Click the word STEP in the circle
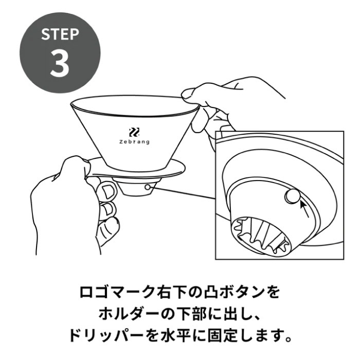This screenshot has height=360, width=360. [x=60, y=34]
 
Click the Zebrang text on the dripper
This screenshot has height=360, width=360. [x=134, y=142]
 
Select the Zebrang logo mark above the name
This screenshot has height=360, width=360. [x=134, y=133]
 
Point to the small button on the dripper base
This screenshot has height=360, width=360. [x=148, y=187]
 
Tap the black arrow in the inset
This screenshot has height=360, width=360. [x=304, y=209]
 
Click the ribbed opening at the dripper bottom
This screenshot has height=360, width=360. [x=261, y=236]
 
